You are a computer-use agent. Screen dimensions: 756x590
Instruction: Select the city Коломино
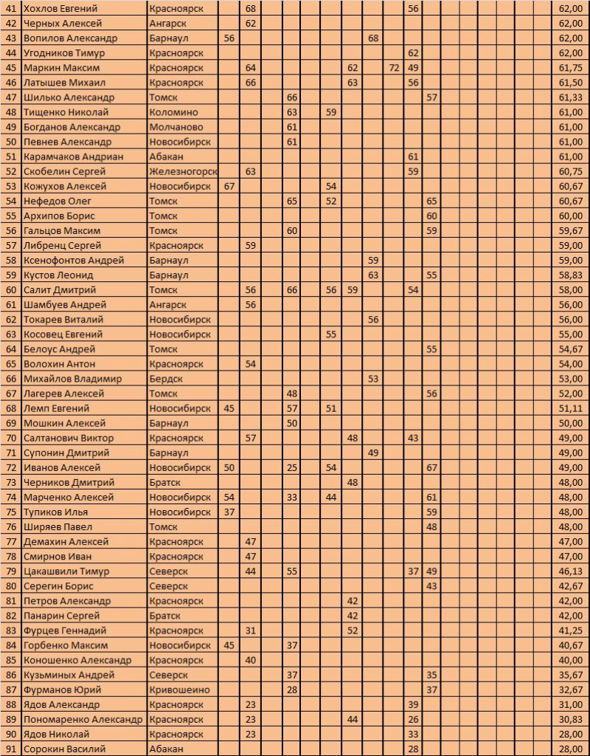click(x=173, y=112)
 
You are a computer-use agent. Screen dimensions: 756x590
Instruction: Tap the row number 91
click(x=10, y=749)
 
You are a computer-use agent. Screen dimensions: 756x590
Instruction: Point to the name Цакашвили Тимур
click(x=66, y=571)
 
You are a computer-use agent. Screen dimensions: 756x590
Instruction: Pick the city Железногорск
click(x=183, y=171)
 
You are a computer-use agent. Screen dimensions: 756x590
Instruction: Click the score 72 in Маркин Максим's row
click(x=394, y=67)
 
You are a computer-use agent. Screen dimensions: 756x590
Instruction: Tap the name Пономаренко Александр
click(x=83, y=719)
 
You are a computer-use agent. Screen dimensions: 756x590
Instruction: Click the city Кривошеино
click(x=178, y=690)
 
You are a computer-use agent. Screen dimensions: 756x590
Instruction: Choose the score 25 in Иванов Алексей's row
click(x=292, y=467)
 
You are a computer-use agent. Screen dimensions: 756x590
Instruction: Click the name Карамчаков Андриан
click(x=73, y=157)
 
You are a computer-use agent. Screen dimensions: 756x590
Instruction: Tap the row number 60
click(x=10, y=290)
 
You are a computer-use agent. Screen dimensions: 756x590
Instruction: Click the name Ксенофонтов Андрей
click(x=74, y=260)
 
